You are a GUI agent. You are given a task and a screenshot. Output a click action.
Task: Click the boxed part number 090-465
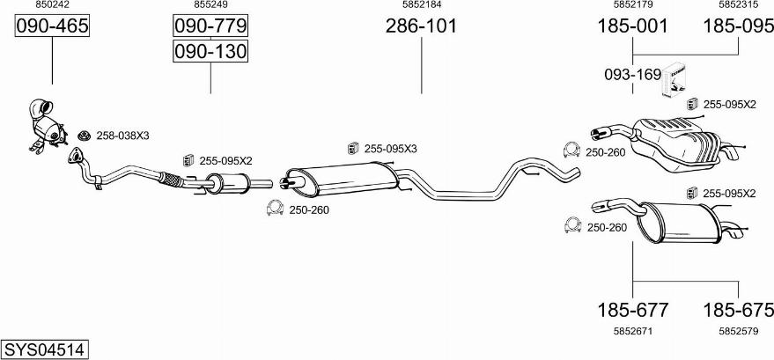click(x=52, y=26)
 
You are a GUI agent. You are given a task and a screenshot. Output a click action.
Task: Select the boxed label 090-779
click(x=210, y=26)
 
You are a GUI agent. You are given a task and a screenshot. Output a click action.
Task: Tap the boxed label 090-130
click(x=210, y=51)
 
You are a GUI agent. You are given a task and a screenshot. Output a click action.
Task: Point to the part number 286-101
click(x=421, y=26)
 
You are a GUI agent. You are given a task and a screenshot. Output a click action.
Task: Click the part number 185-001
click(x=632, y=26)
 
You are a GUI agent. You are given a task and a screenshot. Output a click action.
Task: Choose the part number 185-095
click(x=739, y=26)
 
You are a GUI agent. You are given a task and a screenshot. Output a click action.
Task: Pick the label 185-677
click(x=632, y=310)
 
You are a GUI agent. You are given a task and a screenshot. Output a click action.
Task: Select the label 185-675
click(x=739, y=310)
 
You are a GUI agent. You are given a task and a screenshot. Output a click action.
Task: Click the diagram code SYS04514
click(x=45, y=349)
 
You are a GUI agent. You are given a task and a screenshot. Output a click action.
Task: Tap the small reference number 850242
click(x=52, y=4)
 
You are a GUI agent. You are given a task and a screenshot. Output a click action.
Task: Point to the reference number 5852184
click(x=421, y=4)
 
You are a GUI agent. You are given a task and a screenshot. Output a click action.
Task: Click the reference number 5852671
click(x=632, y=332)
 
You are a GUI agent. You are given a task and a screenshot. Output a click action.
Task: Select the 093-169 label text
click(x=632, y=75)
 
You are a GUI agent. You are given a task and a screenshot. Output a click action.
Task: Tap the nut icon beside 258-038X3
click(x=85, y=136)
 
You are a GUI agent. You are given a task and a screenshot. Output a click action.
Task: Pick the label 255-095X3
click(x=390, y=149)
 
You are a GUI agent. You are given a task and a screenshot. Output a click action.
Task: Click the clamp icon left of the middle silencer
click(x=275, y=209)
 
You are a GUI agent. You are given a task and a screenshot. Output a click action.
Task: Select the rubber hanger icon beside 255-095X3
click(x=353, y=148)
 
